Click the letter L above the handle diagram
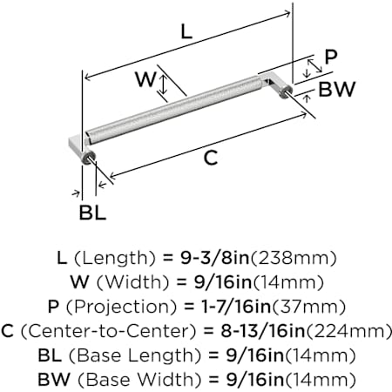(186, 32)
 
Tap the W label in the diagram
(145, 79)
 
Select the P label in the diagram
(331, 57)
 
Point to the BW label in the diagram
(337, 89)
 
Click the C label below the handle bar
(211, 158)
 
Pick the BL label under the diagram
(92, 213)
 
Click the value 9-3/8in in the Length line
(215, 258)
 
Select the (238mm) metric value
(294, 258)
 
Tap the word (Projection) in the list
(121, 307)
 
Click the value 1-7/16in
(236, 307)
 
